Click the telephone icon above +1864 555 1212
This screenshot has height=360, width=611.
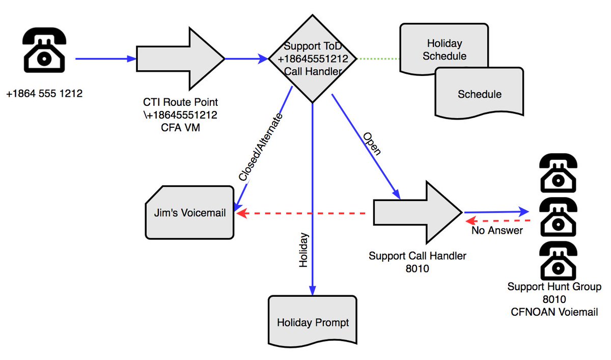pyautogui.click(x=44, y=49)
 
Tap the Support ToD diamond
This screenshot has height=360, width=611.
pyautogui.click(x=313, y=59)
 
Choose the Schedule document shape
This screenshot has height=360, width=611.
pyautogui.click(x=479, y=94)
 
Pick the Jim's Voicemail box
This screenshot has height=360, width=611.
pyautogui.click(x=189, y=213)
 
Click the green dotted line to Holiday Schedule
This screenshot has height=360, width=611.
pyautogui.click(x=379, y=59)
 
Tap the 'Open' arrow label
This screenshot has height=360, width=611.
pyautogui.click(x=372, y=144)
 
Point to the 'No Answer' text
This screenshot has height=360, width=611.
pyautogui.click(x=497, y=231)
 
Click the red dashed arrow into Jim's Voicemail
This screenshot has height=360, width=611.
pyautogui.click(x=303, y=213)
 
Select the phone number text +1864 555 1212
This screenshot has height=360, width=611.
pyautogui.click(x=44, y=94)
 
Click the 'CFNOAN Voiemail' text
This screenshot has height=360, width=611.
pyautogui.click(x=554, y=312)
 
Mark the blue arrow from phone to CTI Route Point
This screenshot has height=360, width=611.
pyautogui.click(x=106, y=59)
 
